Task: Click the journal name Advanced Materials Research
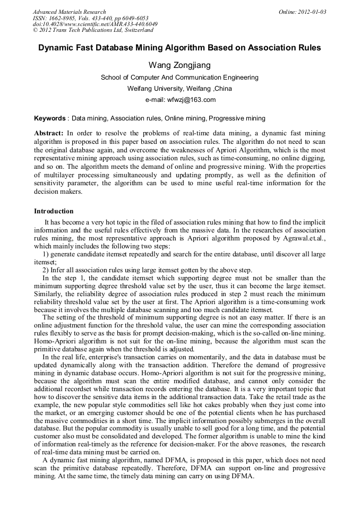pos(69,12)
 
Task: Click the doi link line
pos(95,24)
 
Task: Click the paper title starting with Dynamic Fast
pos(179,48)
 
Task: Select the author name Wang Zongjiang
pos(179,65)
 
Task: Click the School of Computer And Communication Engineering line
pos(179,77)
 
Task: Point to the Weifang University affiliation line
pos(179,89)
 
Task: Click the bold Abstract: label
pos(49,133)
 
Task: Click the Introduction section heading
pos(54,211)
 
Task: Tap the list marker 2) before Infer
pos(46,270)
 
